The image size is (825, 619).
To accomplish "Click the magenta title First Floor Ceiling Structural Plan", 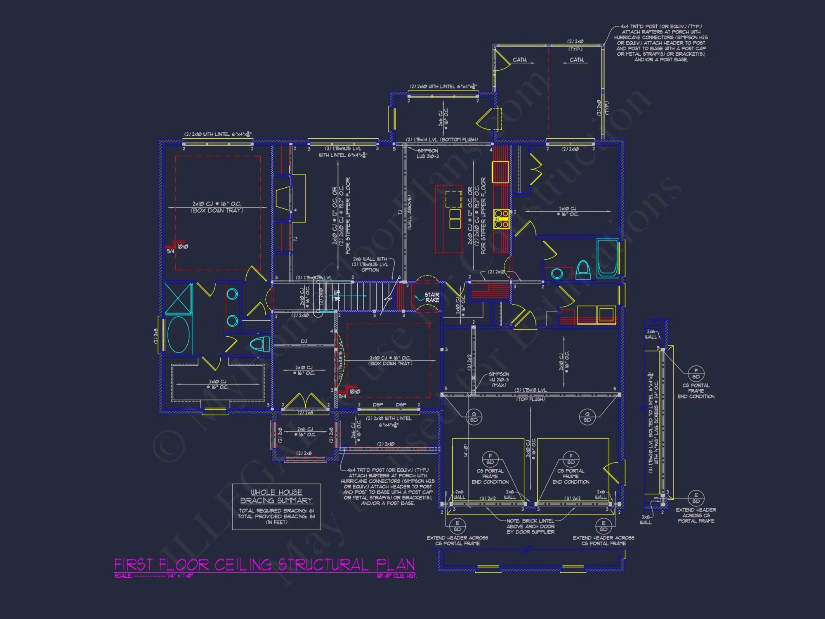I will point(264,565).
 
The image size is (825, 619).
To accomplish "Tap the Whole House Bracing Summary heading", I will point(276,496).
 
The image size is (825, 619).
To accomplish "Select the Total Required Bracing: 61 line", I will point(276,511).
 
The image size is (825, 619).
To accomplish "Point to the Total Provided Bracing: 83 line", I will point(276,517).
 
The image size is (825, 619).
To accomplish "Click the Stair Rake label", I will point(432,298).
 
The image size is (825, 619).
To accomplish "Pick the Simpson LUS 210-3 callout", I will point(428,154).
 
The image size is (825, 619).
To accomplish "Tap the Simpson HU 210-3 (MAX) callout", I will point(499,380).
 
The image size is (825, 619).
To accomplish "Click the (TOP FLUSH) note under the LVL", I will point(530,399).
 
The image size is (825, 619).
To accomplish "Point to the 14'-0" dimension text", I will point(466,450).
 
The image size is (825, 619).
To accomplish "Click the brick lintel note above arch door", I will point(530,527).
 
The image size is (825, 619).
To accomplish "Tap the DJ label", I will point(304,341).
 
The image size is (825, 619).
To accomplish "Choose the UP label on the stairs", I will point(337,293).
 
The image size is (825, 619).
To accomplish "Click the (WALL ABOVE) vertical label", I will point(410,212).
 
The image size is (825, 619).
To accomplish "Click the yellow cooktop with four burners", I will point(501,219).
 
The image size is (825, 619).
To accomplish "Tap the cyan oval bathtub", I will point(179,334).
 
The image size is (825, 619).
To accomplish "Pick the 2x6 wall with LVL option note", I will point(370,265).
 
